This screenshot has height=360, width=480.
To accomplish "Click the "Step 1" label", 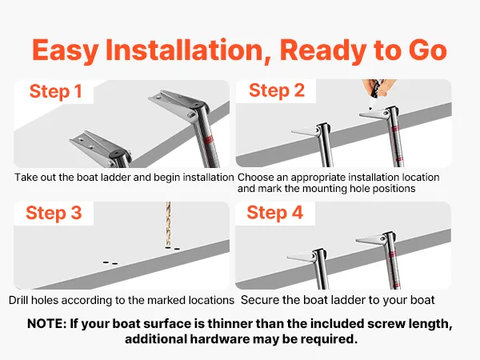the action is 56,91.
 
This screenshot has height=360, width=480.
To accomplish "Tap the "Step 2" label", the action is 277,90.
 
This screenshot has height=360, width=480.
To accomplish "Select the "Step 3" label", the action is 54,213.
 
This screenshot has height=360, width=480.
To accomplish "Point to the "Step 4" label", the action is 275,213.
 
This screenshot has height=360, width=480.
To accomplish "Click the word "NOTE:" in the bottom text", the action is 47,323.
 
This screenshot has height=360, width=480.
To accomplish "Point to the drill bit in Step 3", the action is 168,224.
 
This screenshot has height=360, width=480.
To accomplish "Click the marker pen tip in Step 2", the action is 370,108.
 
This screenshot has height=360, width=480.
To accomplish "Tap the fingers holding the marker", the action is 378,87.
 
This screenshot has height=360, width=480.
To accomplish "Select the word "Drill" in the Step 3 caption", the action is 18,300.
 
